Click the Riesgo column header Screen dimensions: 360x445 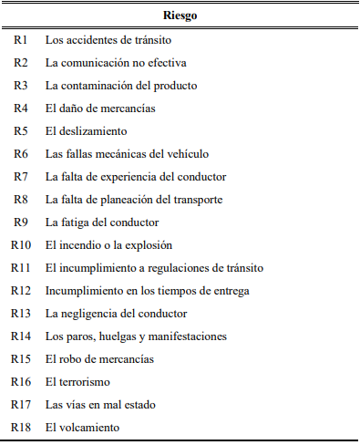pyautogui.click(x=180, y=16)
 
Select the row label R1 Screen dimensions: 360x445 pyautogui.click(x=21, y=40)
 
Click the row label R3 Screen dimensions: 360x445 pyautogui.click(x=21, y=86)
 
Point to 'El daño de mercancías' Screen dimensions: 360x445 pyautogui.click(x=100, y=109)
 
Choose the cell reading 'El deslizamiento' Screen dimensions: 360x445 pyautogui.click(x=87, y=131)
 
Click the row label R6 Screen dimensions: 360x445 pyautogui.click(x=21, y=154)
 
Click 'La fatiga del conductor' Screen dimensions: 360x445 pyautogui.click(x=102, y=222)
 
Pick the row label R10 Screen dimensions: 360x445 pyautogui.click(x=21, y=245)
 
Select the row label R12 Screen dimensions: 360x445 pyautogui.click(x=21, y=291)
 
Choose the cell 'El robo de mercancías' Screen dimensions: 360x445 pyautogui.click(x=99, y=359)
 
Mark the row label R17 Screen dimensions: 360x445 pyautogui.click(x=21, y=405)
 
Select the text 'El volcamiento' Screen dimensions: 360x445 pyautogui.click(x=84, y=428)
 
